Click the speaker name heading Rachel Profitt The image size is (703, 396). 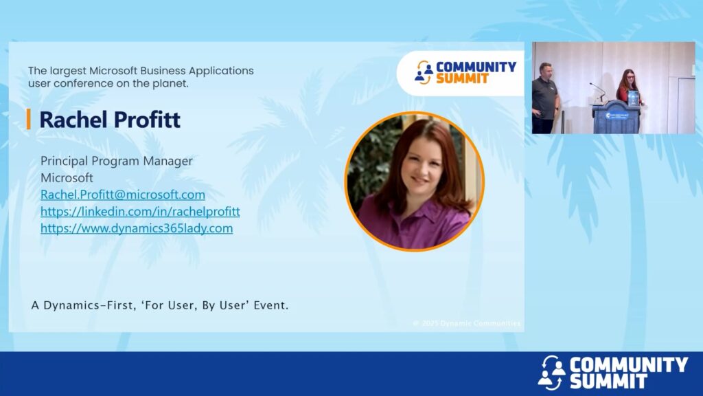coord(110,120)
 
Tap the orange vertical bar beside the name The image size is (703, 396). coord(29,120)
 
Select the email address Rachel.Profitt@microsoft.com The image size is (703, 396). coord(123,195)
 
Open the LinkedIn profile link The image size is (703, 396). coord(140,212)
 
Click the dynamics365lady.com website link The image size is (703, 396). coord(137,228)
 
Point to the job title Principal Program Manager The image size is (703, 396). coord(117,161)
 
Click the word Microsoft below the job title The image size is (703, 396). coord(67,178)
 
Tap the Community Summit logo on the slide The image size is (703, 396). coord(465,72)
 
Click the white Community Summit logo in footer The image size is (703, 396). coord(612,372)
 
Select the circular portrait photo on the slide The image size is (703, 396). coord(414,181)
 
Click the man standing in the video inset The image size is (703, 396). coord(544,98)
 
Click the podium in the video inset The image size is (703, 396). coord(616,117)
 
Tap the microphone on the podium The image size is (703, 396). coord(597,91)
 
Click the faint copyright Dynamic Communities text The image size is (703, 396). coord(467,323)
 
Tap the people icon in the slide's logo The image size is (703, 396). coord(424,72)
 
